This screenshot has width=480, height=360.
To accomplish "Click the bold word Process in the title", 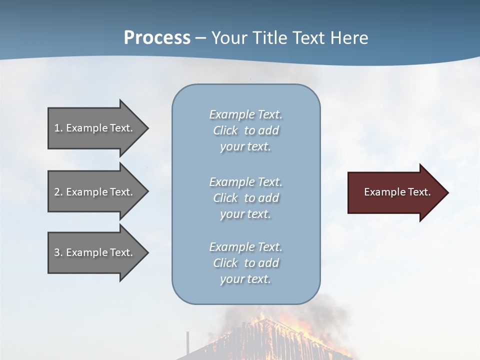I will (157, 38).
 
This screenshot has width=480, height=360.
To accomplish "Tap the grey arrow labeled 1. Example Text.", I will (95, 128).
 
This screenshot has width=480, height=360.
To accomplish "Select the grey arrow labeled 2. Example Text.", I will (95, 192).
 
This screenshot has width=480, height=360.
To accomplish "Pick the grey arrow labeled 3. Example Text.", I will (95, 252).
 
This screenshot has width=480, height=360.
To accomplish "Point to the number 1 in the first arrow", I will (57, 128).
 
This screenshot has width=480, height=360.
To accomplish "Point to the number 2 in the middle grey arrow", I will (57, 192).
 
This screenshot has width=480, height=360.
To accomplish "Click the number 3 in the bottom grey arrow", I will (57, 252).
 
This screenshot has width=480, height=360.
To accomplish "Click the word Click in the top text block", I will (225, 131).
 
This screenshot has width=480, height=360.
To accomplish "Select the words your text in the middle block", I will (245, 214).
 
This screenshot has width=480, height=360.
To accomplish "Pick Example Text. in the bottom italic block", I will (245, 247).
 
